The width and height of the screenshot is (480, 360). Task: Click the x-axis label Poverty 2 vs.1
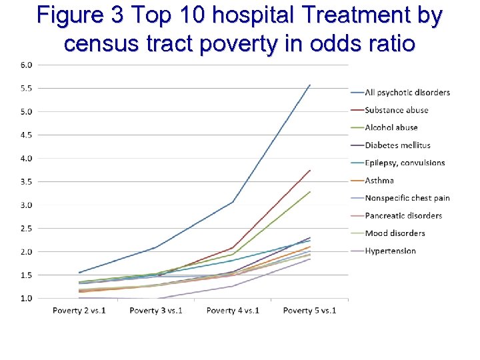point(79,311)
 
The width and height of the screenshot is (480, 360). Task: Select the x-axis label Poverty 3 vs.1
point(156,311)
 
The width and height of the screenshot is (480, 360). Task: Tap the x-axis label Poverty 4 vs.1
point(233,311)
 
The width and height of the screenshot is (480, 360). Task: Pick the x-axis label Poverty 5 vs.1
point(309,311)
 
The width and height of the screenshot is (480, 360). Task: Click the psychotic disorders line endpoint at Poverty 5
point(310,85)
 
